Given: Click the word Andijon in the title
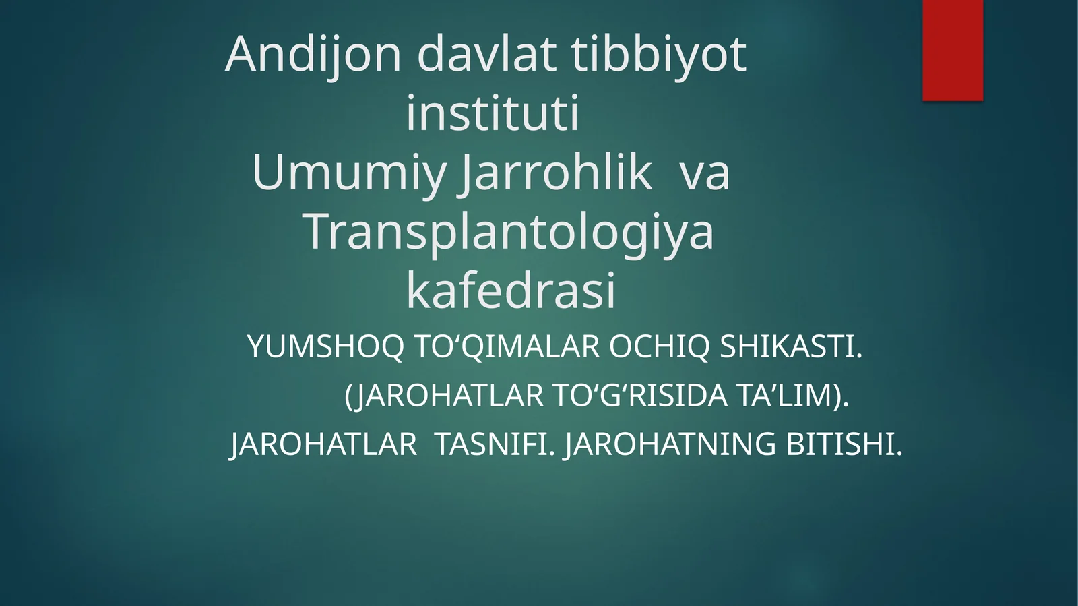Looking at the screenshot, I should (313, 55).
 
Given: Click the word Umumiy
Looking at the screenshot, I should (349, 173).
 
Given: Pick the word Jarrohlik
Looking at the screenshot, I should (557, 173).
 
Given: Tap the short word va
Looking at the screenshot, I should (705, 173).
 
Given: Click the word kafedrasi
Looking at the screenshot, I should (511, 291).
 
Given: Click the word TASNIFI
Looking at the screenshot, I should (495, 444).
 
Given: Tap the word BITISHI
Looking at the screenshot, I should (844, 444).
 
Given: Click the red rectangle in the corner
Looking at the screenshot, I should (953, 50).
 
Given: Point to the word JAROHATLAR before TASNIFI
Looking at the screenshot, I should (324, 444).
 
